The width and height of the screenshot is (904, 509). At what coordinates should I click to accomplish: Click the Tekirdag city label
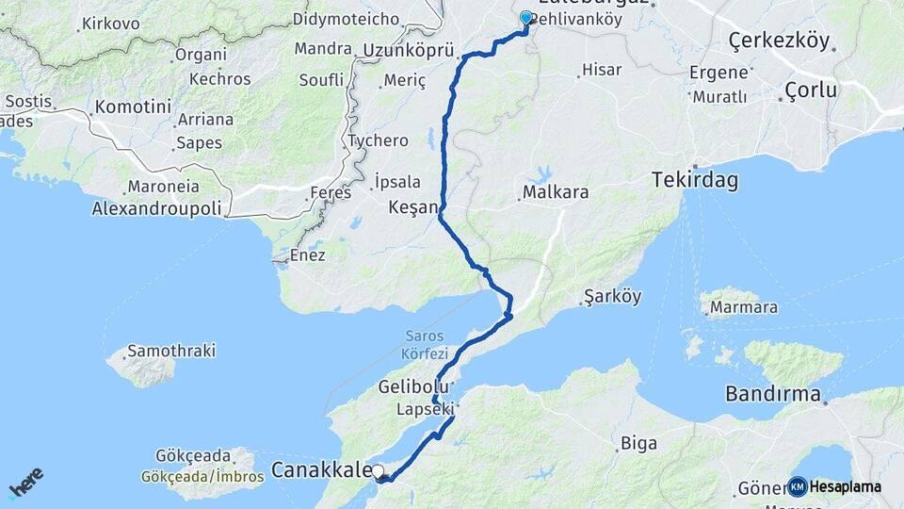[x=695, y=179]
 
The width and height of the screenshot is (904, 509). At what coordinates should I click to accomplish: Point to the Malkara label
[x=556, y=192]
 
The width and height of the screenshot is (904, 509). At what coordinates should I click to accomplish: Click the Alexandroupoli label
[x=156, y=208]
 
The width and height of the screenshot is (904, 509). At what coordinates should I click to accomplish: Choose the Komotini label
[x=132, y=107]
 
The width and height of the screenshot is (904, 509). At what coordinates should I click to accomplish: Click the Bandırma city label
[x=773, y=394]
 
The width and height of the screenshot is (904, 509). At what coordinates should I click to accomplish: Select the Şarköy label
[x=612, y=296]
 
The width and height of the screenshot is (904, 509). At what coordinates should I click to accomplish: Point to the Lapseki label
[x=424, y=409]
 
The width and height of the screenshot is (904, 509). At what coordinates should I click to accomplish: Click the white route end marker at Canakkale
[x=378, y=471]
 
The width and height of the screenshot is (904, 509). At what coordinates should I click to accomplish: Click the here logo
[x=25, y=484]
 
